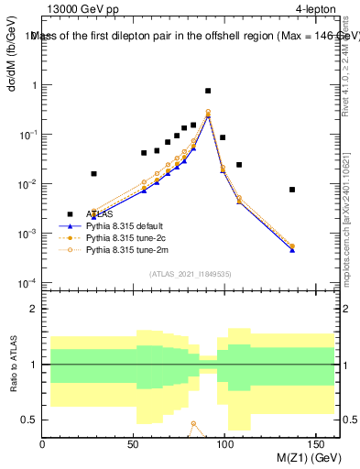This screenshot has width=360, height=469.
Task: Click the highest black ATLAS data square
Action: [208, 91]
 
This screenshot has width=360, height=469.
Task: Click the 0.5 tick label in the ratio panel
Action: [29, 420]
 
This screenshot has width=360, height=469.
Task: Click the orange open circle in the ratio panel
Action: [193, 424]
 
